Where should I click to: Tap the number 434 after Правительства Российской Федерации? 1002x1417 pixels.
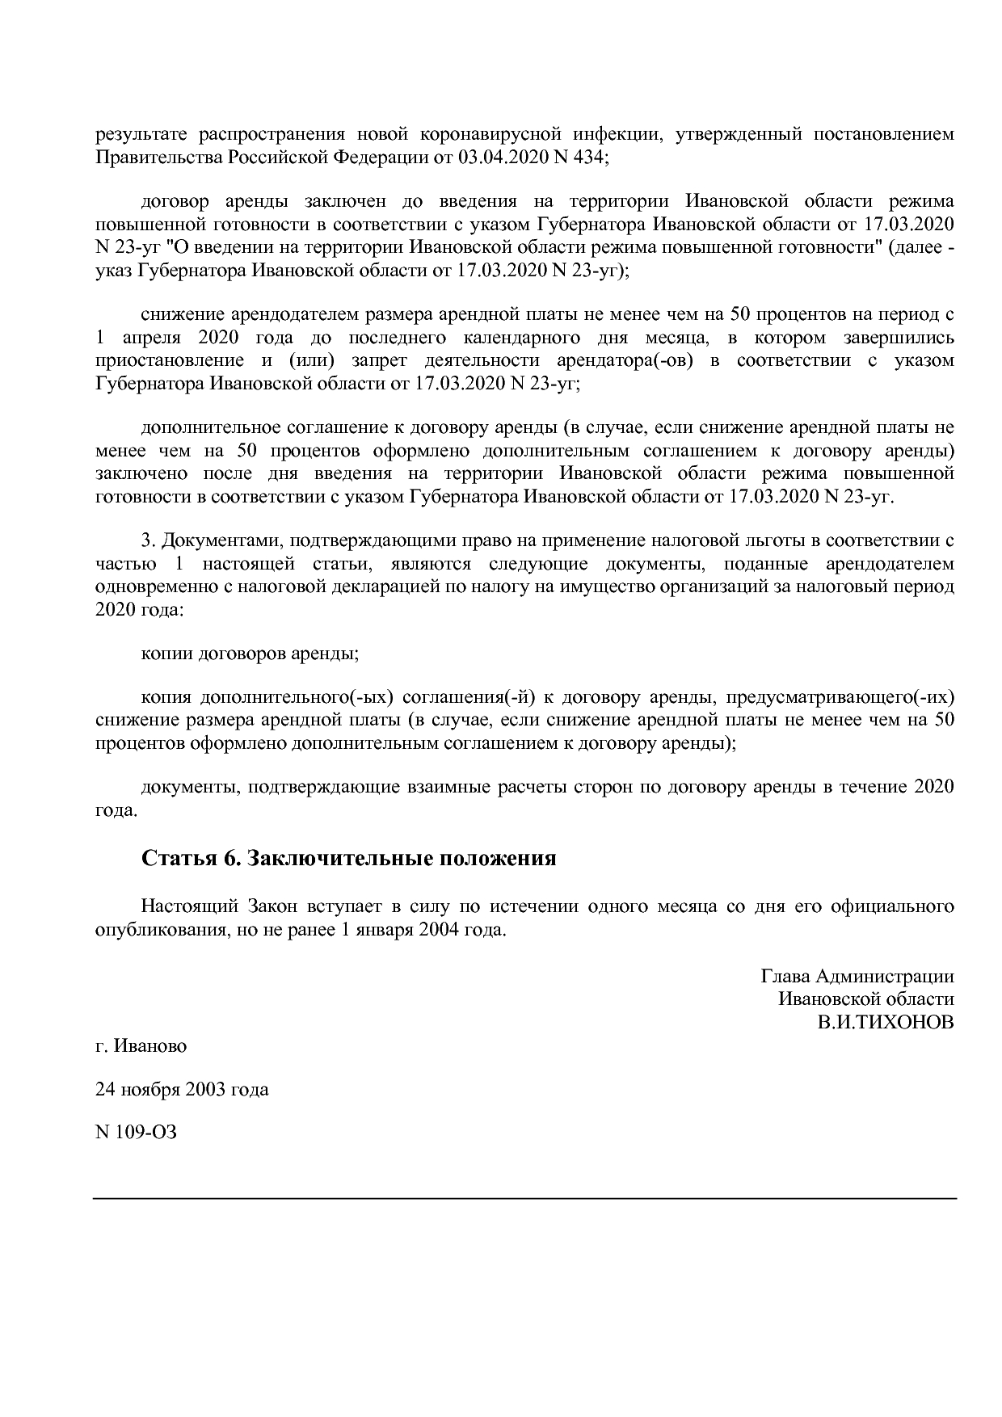587,157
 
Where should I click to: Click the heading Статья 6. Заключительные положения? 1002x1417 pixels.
349,857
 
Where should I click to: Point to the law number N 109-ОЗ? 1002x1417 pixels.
136,1132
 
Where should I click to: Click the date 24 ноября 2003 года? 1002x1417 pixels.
182,1089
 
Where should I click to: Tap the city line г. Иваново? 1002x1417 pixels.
141,1046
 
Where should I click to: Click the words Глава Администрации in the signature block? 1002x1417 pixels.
857,976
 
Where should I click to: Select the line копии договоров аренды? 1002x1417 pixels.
250,653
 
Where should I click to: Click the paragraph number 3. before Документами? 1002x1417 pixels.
148,540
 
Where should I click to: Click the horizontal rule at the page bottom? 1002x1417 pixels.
524,1198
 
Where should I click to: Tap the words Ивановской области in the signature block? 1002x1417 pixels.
865,999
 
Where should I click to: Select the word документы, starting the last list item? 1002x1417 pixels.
189,786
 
